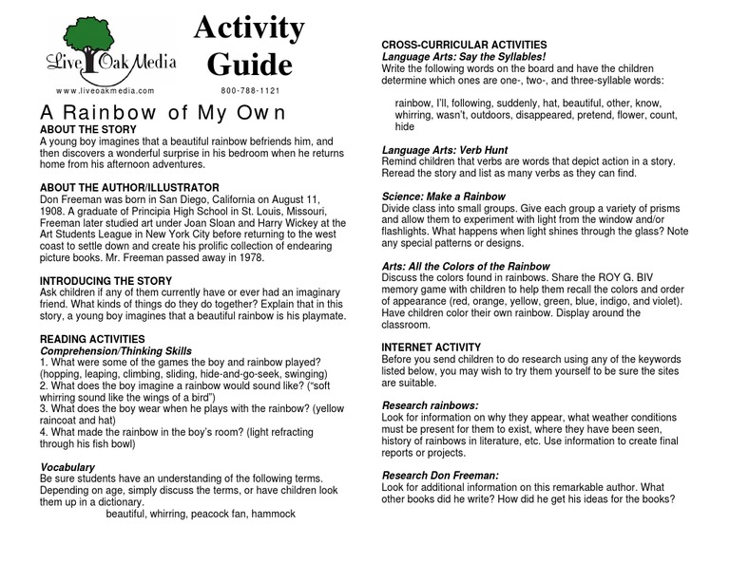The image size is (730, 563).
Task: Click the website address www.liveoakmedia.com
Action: point(105,90)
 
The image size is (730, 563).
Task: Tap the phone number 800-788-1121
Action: point(250,90)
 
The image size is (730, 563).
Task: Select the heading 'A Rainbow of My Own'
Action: point(162,112)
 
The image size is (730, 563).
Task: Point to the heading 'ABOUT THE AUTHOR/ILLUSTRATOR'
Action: point(129,188)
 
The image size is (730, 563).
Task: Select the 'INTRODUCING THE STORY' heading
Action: point(106,281)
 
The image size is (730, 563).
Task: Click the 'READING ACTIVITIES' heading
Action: point(92,339)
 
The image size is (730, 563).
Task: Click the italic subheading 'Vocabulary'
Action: point(67,467)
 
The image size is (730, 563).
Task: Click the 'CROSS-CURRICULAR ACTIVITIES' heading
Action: point(464,45)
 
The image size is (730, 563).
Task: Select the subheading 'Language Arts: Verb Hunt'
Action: point(444,150)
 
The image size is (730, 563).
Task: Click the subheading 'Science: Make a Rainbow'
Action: point(443,197)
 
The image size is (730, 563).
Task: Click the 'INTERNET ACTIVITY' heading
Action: point(431,347)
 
